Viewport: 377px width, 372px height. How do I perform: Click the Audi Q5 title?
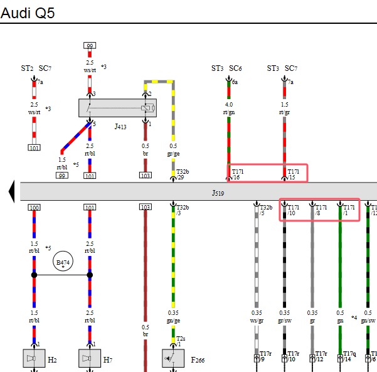[28, 13]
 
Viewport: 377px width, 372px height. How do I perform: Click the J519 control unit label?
[218, 193]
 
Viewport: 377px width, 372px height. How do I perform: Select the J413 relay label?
[120, 127]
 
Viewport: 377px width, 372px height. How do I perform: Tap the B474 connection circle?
[63, 261]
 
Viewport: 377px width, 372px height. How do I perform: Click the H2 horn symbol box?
[34, 358]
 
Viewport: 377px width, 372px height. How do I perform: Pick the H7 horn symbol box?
[90, 358]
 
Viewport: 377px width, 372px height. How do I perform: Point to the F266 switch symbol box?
[173, 358]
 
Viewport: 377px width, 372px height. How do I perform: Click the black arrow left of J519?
[11, 192]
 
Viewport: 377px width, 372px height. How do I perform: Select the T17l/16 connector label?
[238, 174]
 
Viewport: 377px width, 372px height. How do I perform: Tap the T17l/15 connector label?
[294, 174]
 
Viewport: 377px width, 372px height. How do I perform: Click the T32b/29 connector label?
[183, 174]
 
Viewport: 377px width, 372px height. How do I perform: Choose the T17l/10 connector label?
[294, 210]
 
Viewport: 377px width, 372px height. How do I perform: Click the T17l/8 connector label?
[321, 210]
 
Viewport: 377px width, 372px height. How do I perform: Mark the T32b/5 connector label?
[266, 210]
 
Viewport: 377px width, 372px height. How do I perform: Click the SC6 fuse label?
[235, 68]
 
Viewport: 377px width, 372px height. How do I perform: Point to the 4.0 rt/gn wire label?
[229, 108]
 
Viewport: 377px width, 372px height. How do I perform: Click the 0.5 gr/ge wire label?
[173, 149]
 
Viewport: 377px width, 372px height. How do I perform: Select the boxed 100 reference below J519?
[34, 208]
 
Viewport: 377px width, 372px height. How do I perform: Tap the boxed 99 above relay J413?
[90, 45]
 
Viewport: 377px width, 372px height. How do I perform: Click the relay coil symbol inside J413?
[148, 108]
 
